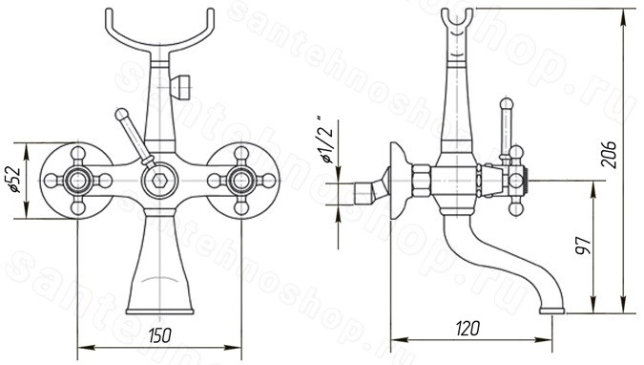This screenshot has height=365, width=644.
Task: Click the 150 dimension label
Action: pos(159,335)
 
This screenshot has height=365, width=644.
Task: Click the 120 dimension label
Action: pos(467,328)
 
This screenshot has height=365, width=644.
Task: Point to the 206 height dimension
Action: pos(609,154)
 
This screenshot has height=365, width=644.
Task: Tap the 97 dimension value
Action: pos(583,246)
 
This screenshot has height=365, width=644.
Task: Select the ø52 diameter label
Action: pos(14,180)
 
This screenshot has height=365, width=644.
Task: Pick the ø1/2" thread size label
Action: pos(328,140)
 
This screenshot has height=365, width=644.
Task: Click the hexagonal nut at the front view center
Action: pos(159,181)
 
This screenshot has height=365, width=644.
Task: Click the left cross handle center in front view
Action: pos(77,181)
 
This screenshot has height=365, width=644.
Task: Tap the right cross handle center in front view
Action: pos(241,181)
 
